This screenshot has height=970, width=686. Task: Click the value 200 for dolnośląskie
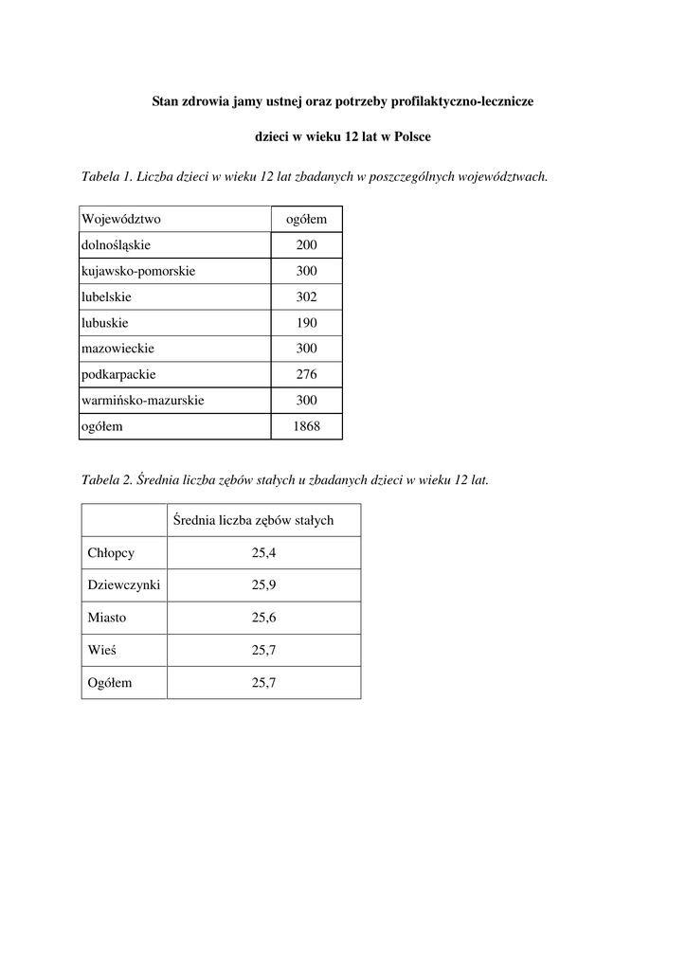pyautogui.click(x=306, y=245)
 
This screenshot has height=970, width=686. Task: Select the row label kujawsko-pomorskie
pyautogui.click(x=138, y=271)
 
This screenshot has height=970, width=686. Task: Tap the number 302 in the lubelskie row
pyautogui.click(x=306, y=296)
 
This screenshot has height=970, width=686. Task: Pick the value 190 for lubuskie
pyautogui.click(x=306, y=322)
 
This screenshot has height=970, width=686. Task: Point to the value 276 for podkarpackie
pyautogui.click(x=306, y=374)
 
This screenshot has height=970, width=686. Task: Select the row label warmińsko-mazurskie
pyautogui.click(x=143, y=400)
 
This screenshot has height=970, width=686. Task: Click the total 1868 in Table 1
pyautogui.click(x=306, y=426)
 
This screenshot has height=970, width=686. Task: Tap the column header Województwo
pyautogui.click(x=121, y=219)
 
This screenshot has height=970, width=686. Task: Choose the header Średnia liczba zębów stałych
pyautogui.click(x=253, y=520)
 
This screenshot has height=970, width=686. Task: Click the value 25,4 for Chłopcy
pyautogui.click(x=263, y=552)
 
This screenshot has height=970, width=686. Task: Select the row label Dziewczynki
pyautogui.click(x=123, y=584)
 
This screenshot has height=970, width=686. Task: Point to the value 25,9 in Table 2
pyautogui.click(x=263, y=584)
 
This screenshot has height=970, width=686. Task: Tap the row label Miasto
pyautogui.click(x=107, y=618)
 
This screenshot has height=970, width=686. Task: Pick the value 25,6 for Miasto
pyautogui.click(x=263, y=618)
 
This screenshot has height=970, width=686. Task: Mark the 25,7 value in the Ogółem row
pyautogui.click(x=263, y=682)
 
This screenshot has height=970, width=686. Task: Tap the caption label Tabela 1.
pyautogui.click(x=108, y=176)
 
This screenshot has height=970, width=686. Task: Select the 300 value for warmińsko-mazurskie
pyautogui.click(x=306, y=400)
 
